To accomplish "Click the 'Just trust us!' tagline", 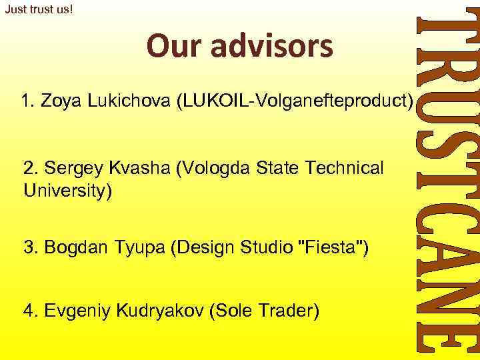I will pos(38,10).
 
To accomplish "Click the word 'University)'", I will pos(68,191).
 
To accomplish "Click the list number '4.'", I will pos(31,310).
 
